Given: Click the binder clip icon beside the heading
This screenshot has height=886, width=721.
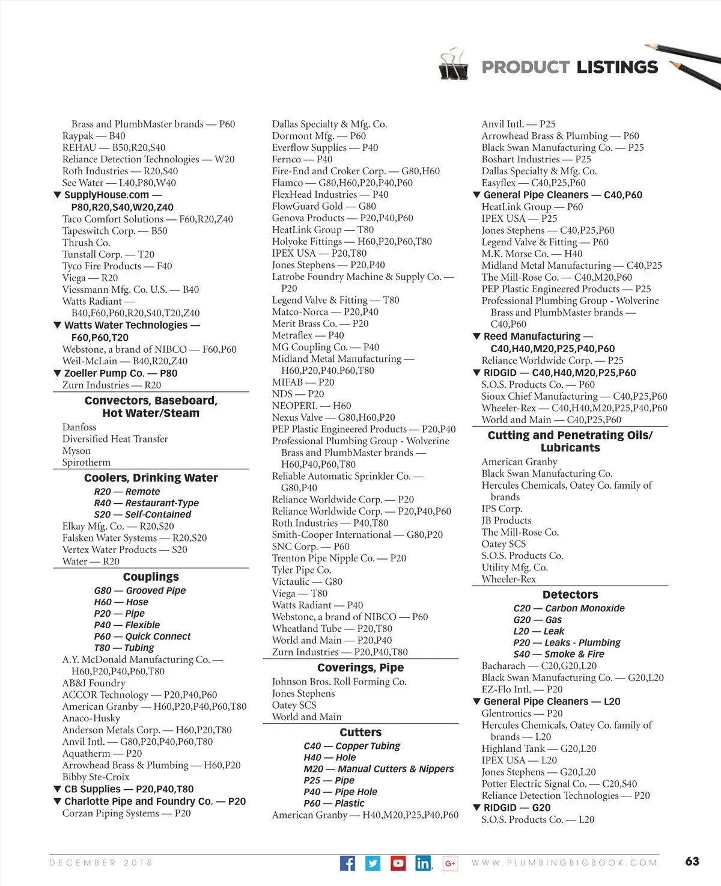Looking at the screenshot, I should pos(454,65).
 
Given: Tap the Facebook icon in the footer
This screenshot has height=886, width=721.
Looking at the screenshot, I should pos(347,863).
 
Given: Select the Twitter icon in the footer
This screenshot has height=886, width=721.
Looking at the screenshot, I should pos(373,863).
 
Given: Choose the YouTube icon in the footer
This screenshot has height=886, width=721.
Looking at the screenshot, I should pos(398,863).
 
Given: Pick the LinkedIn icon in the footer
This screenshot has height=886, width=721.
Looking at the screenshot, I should pos(423,863).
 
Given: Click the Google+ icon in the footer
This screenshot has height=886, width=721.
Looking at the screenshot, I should pos(450,863).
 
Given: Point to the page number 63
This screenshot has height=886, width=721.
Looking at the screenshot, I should pos(692,861).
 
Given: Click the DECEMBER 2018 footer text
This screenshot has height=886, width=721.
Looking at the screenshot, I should pos(100,863).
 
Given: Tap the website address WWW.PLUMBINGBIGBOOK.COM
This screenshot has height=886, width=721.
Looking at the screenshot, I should pos(564,863).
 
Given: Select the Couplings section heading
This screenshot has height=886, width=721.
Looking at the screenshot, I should pos(151,577).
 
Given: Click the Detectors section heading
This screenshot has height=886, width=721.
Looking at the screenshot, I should pos(570,594).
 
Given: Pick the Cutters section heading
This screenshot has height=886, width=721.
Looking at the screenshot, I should pos(360,732).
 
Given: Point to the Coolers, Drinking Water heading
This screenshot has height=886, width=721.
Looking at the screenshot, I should pos(151,478).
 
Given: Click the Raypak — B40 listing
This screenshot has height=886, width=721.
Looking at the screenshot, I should pos(94,136).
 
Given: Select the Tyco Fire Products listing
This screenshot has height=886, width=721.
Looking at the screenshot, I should pos(117,266).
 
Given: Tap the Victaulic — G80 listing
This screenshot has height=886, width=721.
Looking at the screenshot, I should pos(307,581).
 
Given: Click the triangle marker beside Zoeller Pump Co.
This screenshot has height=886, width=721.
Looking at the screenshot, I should pos(57,373).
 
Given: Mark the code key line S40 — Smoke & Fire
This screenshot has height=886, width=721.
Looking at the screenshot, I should pos(558,654).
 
